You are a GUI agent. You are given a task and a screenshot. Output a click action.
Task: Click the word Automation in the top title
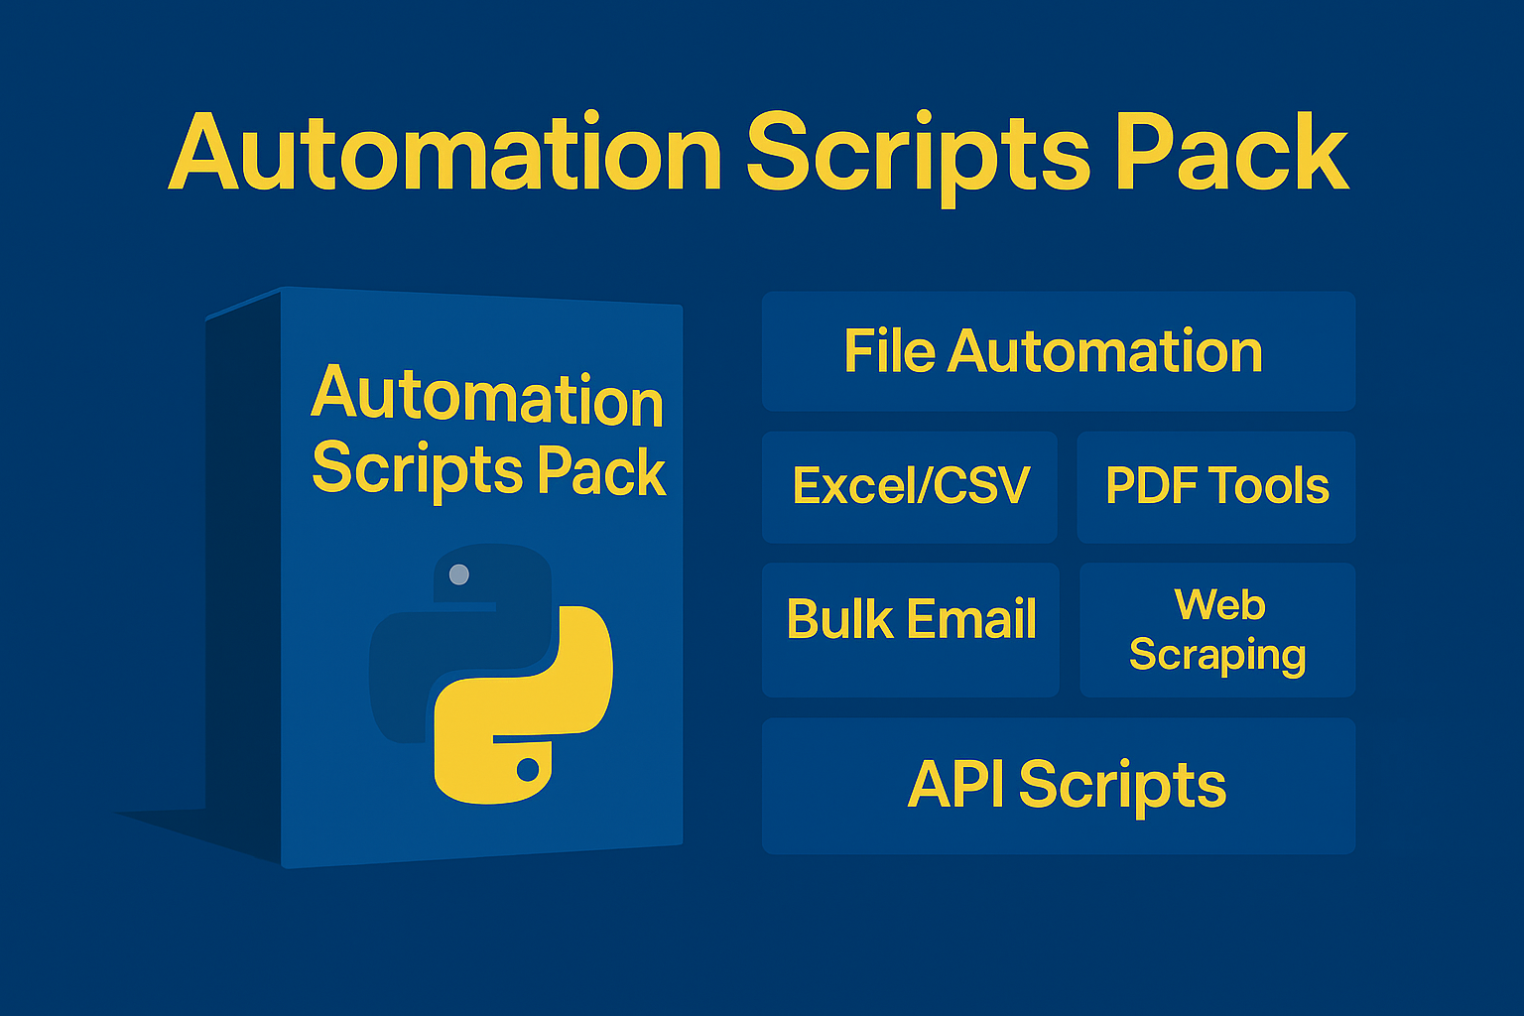click(445, 154)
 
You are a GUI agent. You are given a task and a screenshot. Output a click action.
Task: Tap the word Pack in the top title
click(1231, 154)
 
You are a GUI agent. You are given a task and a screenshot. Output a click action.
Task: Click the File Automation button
click(1058, 351)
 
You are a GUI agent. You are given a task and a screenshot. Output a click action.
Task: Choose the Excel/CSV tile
click(909, 486)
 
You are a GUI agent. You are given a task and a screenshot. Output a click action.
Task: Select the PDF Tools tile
click(1215, 486)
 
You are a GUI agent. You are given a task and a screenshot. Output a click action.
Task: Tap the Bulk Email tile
click(910, 629)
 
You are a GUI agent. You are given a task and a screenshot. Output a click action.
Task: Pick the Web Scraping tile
click(1216, 629)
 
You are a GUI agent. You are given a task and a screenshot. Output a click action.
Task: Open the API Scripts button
click(1058, 785)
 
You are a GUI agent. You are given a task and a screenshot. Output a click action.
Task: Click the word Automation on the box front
click(486, 397)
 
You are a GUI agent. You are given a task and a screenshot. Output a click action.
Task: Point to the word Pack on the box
click(600, 471)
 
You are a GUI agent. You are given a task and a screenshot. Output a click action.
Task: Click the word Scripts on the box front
click(418, 468)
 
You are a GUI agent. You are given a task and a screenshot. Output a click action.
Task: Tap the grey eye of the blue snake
click(458, 574)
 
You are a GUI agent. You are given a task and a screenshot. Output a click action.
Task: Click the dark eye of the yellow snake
click(528, 769)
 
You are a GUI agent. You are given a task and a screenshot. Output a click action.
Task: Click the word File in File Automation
click(889, 351)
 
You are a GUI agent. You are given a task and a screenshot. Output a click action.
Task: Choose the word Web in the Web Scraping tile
click(1219, 604)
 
